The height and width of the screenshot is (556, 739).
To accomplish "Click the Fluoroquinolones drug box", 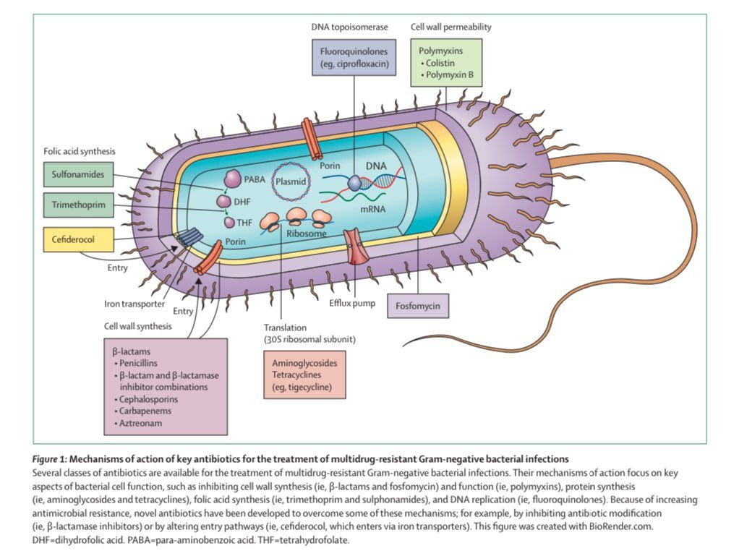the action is (354, 57).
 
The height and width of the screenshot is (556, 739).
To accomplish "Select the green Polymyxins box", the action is (446, 63).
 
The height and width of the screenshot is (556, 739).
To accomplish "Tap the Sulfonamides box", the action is (78, 174).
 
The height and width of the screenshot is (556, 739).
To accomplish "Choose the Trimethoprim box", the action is (78, 205).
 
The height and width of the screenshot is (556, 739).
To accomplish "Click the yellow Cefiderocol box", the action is (78, 239).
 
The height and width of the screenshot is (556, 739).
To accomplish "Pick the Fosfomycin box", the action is (417, 306).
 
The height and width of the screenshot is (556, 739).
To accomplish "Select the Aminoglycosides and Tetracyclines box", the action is (304, 375).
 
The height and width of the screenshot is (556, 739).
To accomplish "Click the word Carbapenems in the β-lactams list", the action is (145, 411).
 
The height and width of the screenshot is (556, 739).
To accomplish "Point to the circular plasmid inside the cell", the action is (291, 181).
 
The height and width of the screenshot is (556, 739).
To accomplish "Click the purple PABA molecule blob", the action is (232, 179).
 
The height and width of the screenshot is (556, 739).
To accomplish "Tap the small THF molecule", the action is (229, 223).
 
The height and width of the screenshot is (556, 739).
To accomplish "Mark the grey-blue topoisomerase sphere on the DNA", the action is (354, 183).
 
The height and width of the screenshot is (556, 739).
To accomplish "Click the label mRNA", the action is (373, 209).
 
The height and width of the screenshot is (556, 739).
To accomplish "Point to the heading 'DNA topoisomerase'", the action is (349, 27).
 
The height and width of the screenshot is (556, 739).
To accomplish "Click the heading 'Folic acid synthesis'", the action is (80, 151).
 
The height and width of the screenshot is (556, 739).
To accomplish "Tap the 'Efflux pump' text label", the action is (352, 303).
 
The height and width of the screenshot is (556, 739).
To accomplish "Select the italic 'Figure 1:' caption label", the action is (50, 459).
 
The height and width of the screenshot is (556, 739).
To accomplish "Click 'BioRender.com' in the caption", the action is (621, 526).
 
